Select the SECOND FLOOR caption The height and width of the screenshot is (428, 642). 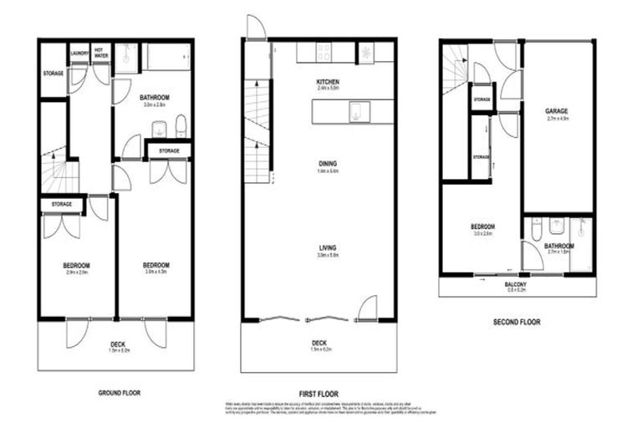(517, 321)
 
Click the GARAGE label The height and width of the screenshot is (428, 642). (557, 110)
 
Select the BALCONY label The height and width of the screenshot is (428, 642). (515, 284)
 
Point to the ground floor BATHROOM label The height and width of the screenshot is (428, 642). (155, 98)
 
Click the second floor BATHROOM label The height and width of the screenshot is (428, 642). (559, 246)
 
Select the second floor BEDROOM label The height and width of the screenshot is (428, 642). (482, 227)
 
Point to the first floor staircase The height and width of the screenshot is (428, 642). (257, 125)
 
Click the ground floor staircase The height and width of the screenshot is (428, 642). (59, 171)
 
